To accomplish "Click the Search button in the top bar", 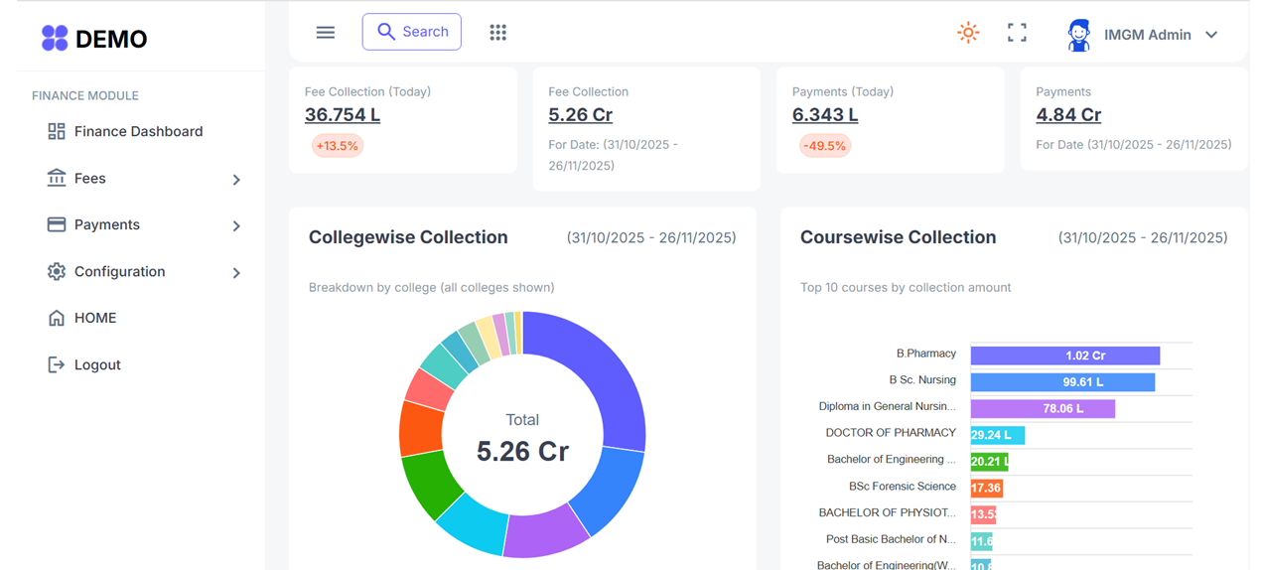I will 411,32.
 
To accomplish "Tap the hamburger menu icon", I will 325,33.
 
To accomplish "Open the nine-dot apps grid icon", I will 497,33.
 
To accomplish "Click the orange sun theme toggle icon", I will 968,33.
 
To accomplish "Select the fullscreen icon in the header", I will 1017,33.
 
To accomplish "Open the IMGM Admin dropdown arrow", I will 1211,35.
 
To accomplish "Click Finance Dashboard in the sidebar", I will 138,131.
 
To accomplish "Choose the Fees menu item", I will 89,179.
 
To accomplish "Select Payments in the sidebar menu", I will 106,224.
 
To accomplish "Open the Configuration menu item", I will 119,271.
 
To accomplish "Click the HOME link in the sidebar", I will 95,318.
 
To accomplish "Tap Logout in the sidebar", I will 97,364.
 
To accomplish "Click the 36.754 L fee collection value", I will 343,114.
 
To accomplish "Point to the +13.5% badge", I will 337,146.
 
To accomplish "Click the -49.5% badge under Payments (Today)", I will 824,146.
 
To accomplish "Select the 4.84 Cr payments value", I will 1068,114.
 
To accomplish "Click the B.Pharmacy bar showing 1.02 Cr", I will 1064,356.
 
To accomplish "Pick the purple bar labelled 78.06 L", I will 1043,408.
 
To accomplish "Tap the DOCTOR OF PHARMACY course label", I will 891,433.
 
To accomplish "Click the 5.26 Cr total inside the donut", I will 522,451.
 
